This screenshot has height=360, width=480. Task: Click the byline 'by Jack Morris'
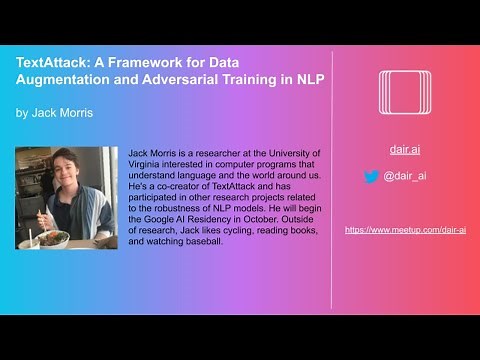pyautogui.click(x=54, y=113)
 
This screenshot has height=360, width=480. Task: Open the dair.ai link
pyautogui.click(x=405, y=150)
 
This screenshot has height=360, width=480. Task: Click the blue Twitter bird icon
pyautogui.click(x=372, y=176)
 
